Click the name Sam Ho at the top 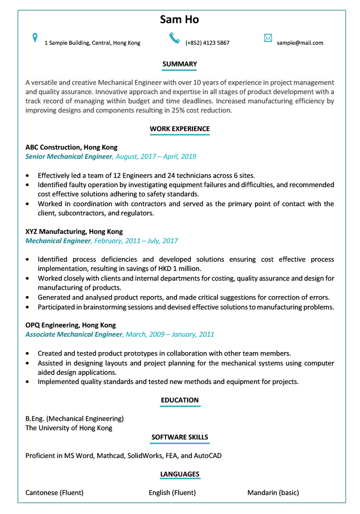179,20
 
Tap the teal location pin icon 35,38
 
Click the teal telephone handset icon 175,38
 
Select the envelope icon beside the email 268,38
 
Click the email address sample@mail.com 300,43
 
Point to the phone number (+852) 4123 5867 207,43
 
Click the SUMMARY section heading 179,64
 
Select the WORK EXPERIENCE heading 179,128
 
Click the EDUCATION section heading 179,400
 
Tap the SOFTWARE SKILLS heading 179,437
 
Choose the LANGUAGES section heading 179,474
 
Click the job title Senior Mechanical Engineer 68,156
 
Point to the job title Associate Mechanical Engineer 74,334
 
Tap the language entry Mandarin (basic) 273,492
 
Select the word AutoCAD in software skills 208,455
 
